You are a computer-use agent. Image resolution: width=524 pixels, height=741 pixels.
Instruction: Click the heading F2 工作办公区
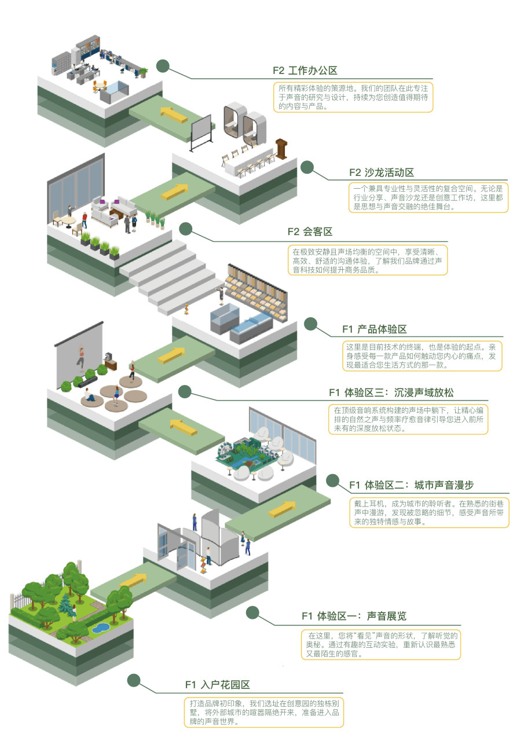(x=305, y=71)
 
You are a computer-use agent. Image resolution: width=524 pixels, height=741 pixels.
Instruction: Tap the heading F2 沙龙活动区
(x=382, y=173)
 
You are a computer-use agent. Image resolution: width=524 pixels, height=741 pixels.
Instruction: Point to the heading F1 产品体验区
(x=374, y=329)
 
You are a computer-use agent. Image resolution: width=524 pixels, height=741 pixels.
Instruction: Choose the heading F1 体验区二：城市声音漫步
(x=411, y=485)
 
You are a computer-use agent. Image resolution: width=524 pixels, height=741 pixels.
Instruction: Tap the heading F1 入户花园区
(x=217, y=685)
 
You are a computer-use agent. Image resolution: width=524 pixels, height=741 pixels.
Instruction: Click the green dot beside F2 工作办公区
(x=163, y=66)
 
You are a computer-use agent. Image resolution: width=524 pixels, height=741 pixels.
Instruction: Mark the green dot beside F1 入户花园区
(x=134, y=680)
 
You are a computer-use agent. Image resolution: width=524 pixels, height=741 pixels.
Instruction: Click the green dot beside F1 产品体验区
(x=311, y=324)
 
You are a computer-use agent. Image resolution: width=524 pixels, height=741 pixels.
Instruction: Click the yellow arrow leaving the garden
(x=133, y=579)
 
